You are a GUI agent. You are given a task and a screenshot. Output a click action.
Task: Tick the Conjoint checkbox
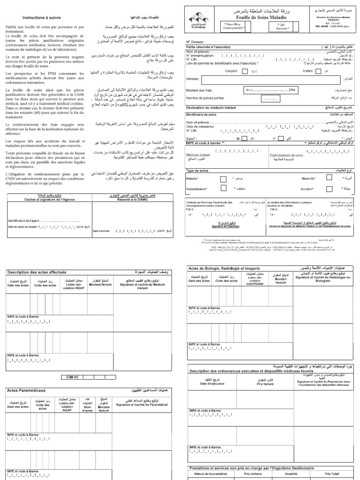coord(245,71)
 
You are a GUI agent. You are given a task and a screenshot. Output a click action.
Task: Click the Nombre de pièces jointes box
coord(270,99)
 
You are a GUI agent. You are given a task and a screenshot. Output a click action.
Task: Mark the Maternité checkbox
coord(329,178)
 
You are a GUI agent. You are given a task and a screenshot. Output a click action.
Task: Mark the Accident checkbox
coord(329,188)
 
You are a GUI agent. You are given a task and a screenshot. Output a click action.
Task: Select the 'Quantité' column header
coord(292,474)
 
